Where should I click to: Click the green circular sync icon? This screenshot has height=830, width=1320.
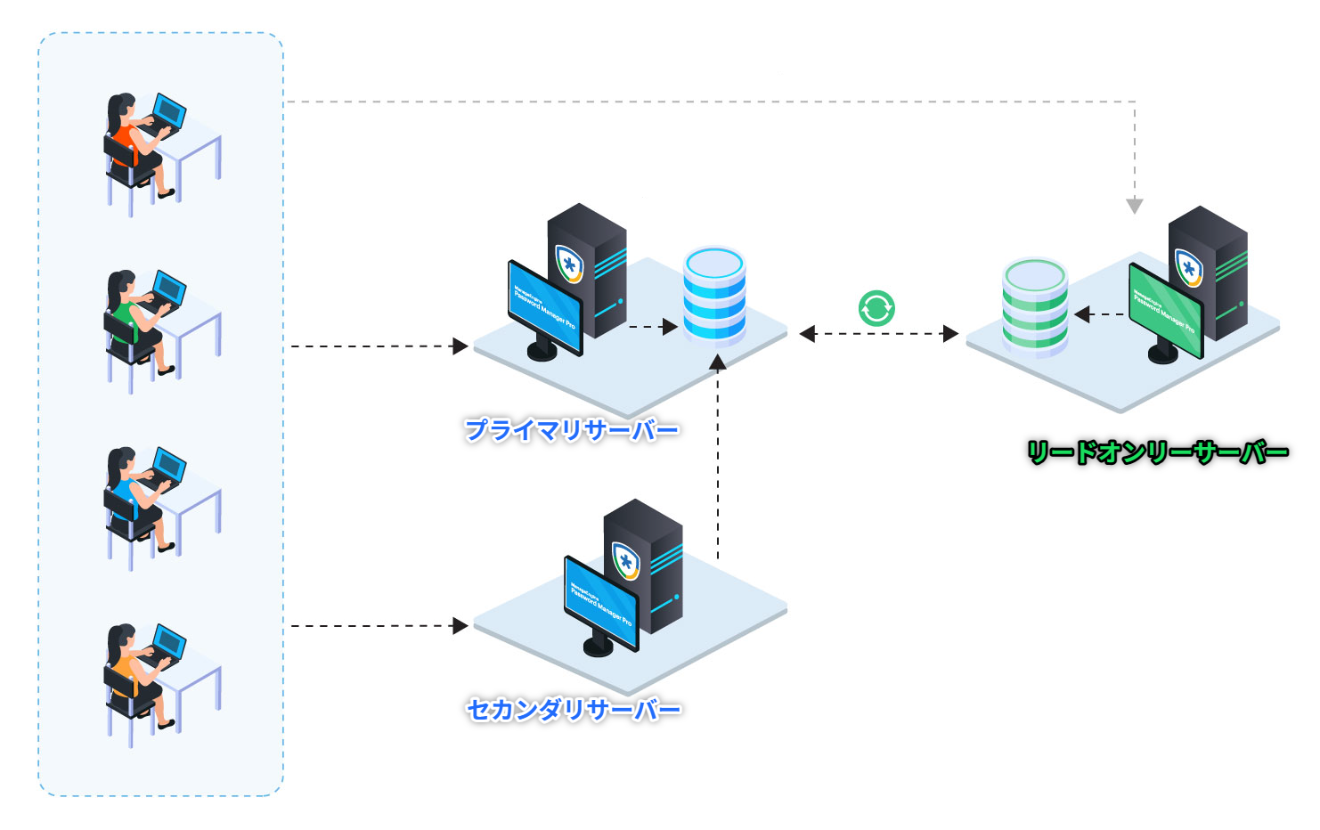click(x=876, y=308)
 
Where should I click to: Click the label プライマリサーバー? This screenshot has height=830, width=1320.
click(x=572, y=431)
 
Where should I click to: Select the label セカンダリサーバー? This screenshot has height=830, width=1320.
click(x=574, y=710)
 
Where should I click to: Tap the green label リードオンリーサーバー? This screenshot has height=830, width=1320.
click(x=1158, y=452)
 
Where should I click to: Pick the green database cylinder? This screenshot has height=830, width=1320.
click(x=1035, y=306)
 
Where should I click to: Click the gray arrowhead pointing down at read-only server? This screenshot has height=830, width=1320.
click(x=1135, y=207)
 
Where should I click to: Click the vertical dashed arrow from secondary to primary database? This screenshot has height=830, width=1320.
click(x=718, y=454)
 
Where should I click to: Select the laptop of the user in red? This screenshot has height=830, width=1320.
click(x=168, y=111)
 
